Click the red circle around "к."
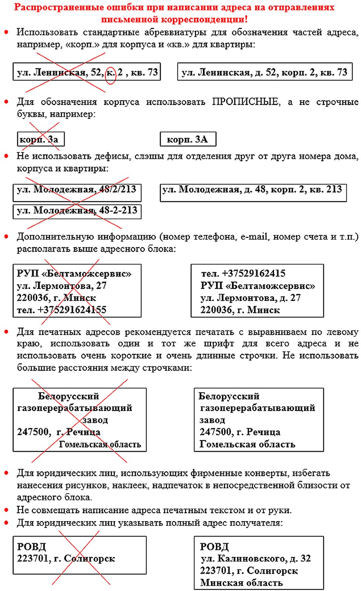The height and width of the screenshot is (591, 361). pyautogui.click(x=110, y=73)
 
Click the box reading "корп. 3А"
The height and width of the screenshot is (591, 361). pyautogui.click(x=187, y=139)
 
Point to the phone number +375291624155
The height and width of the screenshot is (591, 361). pyautogui.click(x=61, y=310)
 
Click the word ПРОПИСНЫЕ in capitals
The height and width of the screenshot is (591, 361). pyautogui.click(x=246, y=102)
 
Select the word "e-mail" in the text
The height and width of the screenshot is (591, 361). pyautogui.click(x=254, y=237)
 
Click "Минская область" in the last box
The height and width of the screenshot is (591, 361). pyautogui.click(x=241, y=582)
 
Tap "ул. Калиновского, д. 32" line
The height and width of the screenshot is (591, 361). pyautogui.click(x=256, y=558)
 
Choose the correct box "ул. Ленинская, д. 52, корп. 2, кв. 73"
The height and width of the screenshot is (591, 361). pyautogui.click(x=264, y=72)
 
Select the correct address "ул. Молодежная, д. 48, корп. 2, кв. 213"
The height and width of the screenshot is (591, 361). pyautogui.click(x=252, y=189)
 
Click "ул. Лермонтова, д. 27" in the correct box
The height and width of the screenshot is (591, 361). pyautogui.click(x=251, y=298)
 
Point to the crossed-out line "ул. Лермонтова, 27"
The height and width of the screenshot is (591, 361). pyautogui.click(x=61, y=286)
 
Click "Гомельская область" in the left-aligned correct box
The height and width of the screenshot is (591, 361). pyautogui.click(x=247, y=444)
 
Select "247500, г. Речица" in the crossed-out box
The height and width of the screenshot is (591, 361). pyautogui.click(x=59, y=432)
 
